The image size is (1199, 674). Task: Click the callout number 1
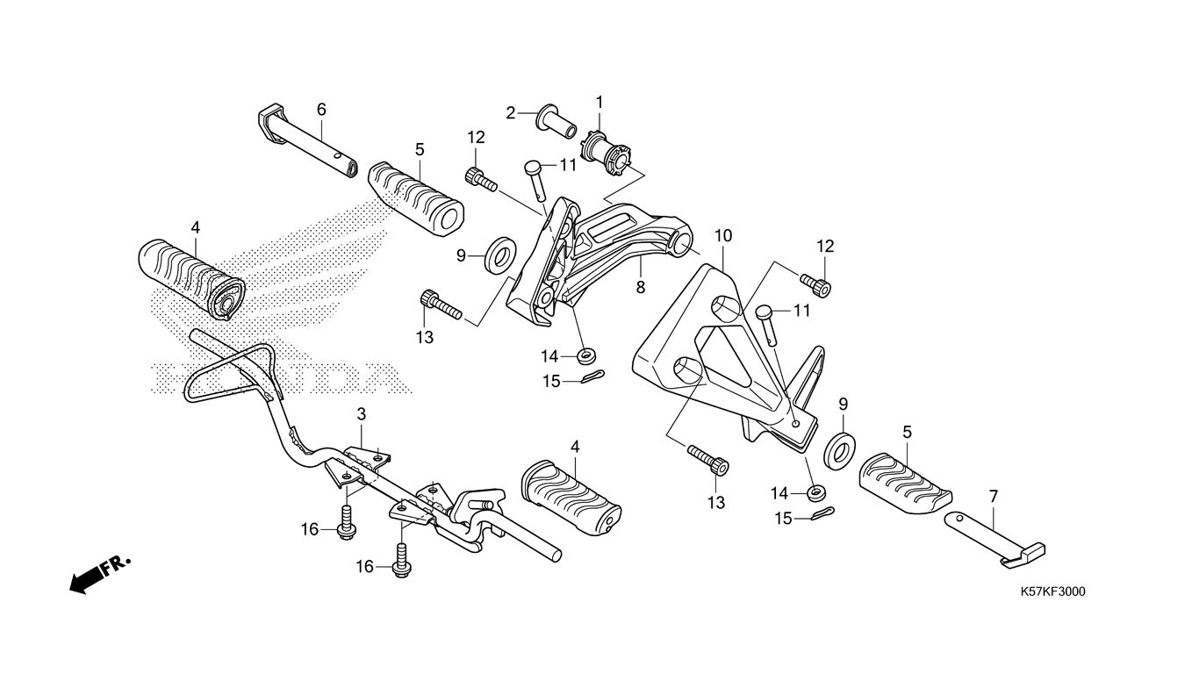pyautogui.click(x=599, y=102)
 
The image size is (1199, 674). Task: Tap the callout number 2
pyautogui.click(x=511, y=113)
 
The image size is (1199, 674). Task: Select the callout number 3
pyautogui.click(x=362, y=414)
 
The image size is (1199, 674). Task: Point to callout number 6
pyautogui.click(x=321, y=109)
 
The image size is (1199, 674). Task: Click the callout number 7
pyautogui.click(x=994, y=496)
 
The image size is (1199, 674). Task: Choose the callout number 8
pyautogui.click(x=640, y=288)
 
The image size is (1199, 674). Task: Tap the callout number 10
pyautogui.click(x=723, y=235)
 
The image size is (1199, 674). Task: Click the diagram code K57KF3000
pyautogui.click(x=1053, y=592)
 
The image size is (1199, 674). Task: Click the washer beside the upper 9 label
pyautogui.click(x=500, y=255)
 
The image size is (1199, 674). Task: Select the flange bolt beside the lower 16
pyautogui.click(x=401, y=560)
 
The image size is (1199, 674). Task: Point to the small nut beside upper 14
pyautogui.click(x=587, y=355)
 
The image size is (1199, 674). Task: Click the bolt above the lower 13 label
pyautogui.click(x=708, y=459)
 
